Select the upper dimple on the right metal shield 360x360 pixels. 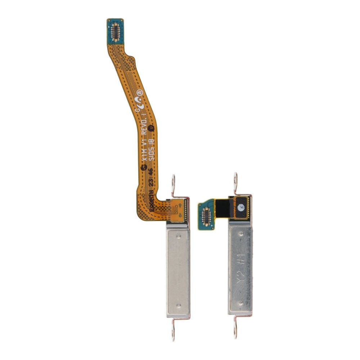tap(241, 234)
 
